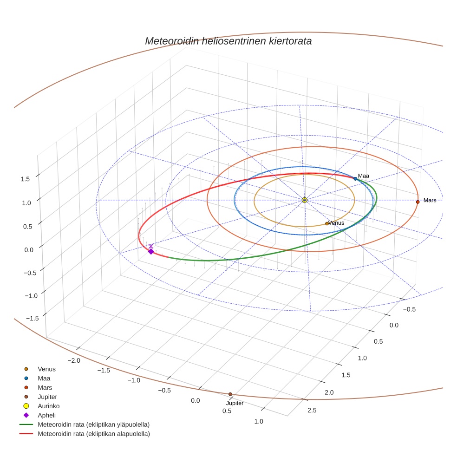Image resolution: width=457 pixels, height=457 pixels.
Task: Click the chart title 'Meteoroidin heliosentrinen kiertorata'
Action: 228,41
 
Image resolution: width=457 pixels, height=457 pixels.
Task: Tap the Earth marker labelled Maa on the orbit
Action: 355,178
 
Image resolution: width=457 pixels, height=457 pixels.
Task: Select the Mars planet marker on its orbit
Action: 418,202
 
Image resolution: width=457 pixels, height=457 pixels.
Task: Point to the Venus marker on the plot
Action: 327,223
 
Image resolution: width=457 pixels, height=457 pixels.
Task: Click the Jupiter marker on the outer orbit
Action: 230,394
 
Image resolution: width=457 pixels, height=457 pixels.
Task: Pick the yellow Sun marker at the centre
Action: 305,200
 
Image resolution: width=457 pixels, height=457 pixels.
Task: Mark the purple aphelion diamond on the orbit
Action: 151,251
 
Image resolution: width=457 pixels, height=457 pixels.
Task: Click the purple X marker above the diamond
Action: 150,246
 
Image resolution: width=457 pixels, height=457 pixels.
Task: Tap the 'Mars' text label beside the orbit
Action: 430,200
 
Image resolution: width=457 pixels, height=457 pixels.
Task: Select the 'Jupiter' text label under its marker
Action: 235,403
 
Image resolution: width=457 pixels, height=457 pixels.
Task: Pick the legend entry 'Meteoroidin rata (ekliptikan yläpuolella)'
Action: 93,424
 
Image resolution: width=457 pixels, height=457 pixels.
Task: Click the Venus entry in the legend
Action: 46,369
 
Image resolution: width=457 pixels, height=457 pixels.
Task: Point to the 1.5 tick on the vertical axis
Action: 26,179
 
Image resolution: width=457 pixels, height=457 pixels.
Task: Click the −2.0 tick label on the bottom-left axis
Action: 74,360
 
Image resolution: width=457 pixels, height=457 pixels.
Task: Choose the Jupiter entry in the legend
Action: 47,397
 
